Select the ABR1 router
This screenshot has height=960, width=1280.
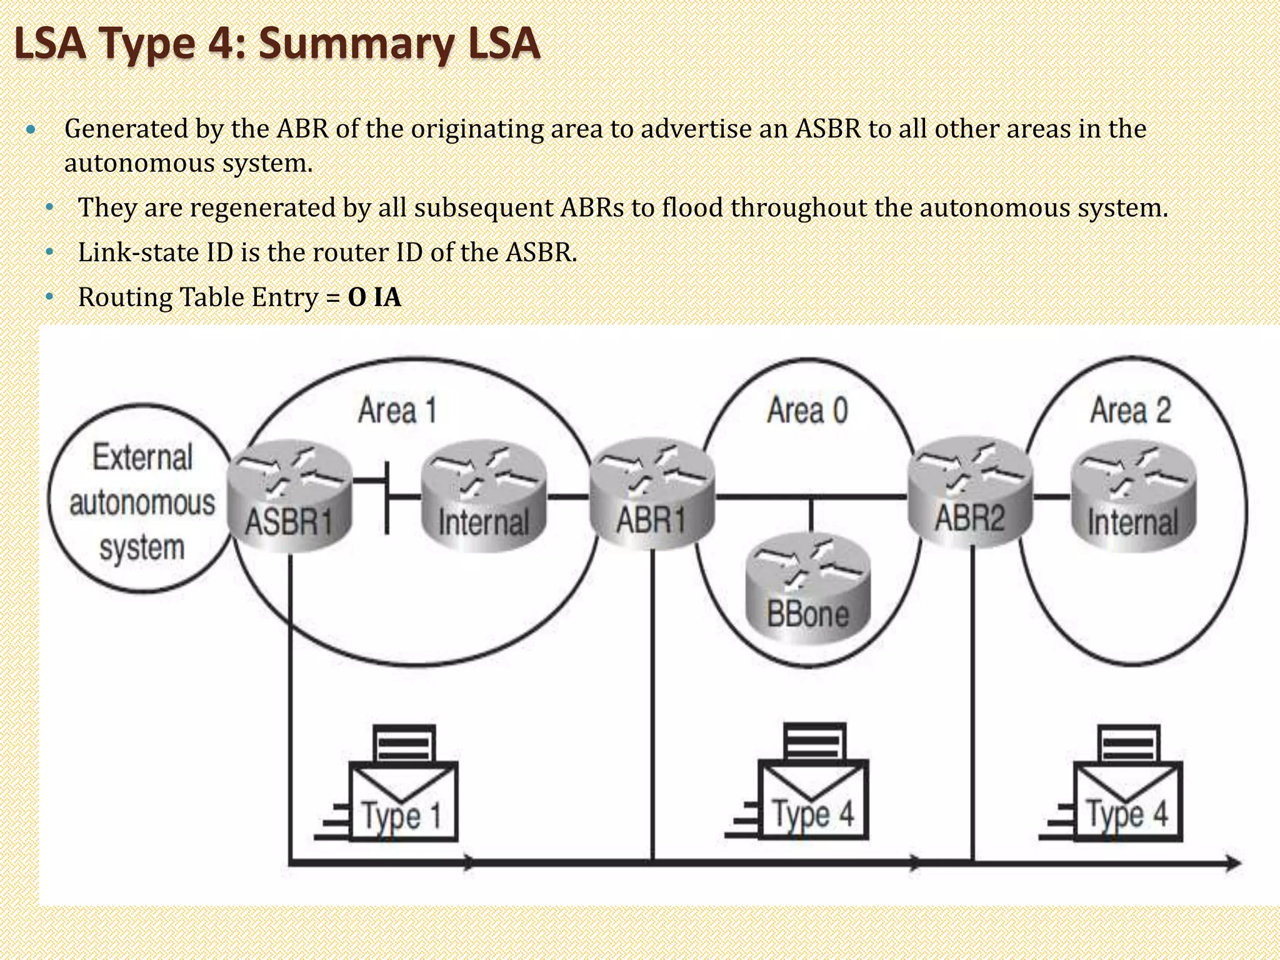coord(651,494)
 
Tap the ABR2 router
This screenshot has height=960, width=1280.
coord(970,492)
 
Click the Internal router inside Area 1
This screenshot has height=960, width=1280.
coord(484,496)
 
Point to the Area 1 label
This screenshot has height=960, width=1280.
coord(397,411)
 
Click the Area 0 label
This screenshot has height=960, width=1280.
coord(807,411)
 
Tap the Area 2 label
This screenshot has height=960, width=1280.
coord(1130,411)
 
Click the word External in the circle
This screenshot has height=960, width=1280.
coord(142,457)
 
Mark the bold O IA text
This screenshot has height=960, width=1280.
coord(374,297)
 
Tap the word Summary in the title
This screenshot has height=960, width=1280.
coord(356,45)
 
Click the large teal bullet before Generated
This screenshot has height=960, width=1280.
coord(31,130)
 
